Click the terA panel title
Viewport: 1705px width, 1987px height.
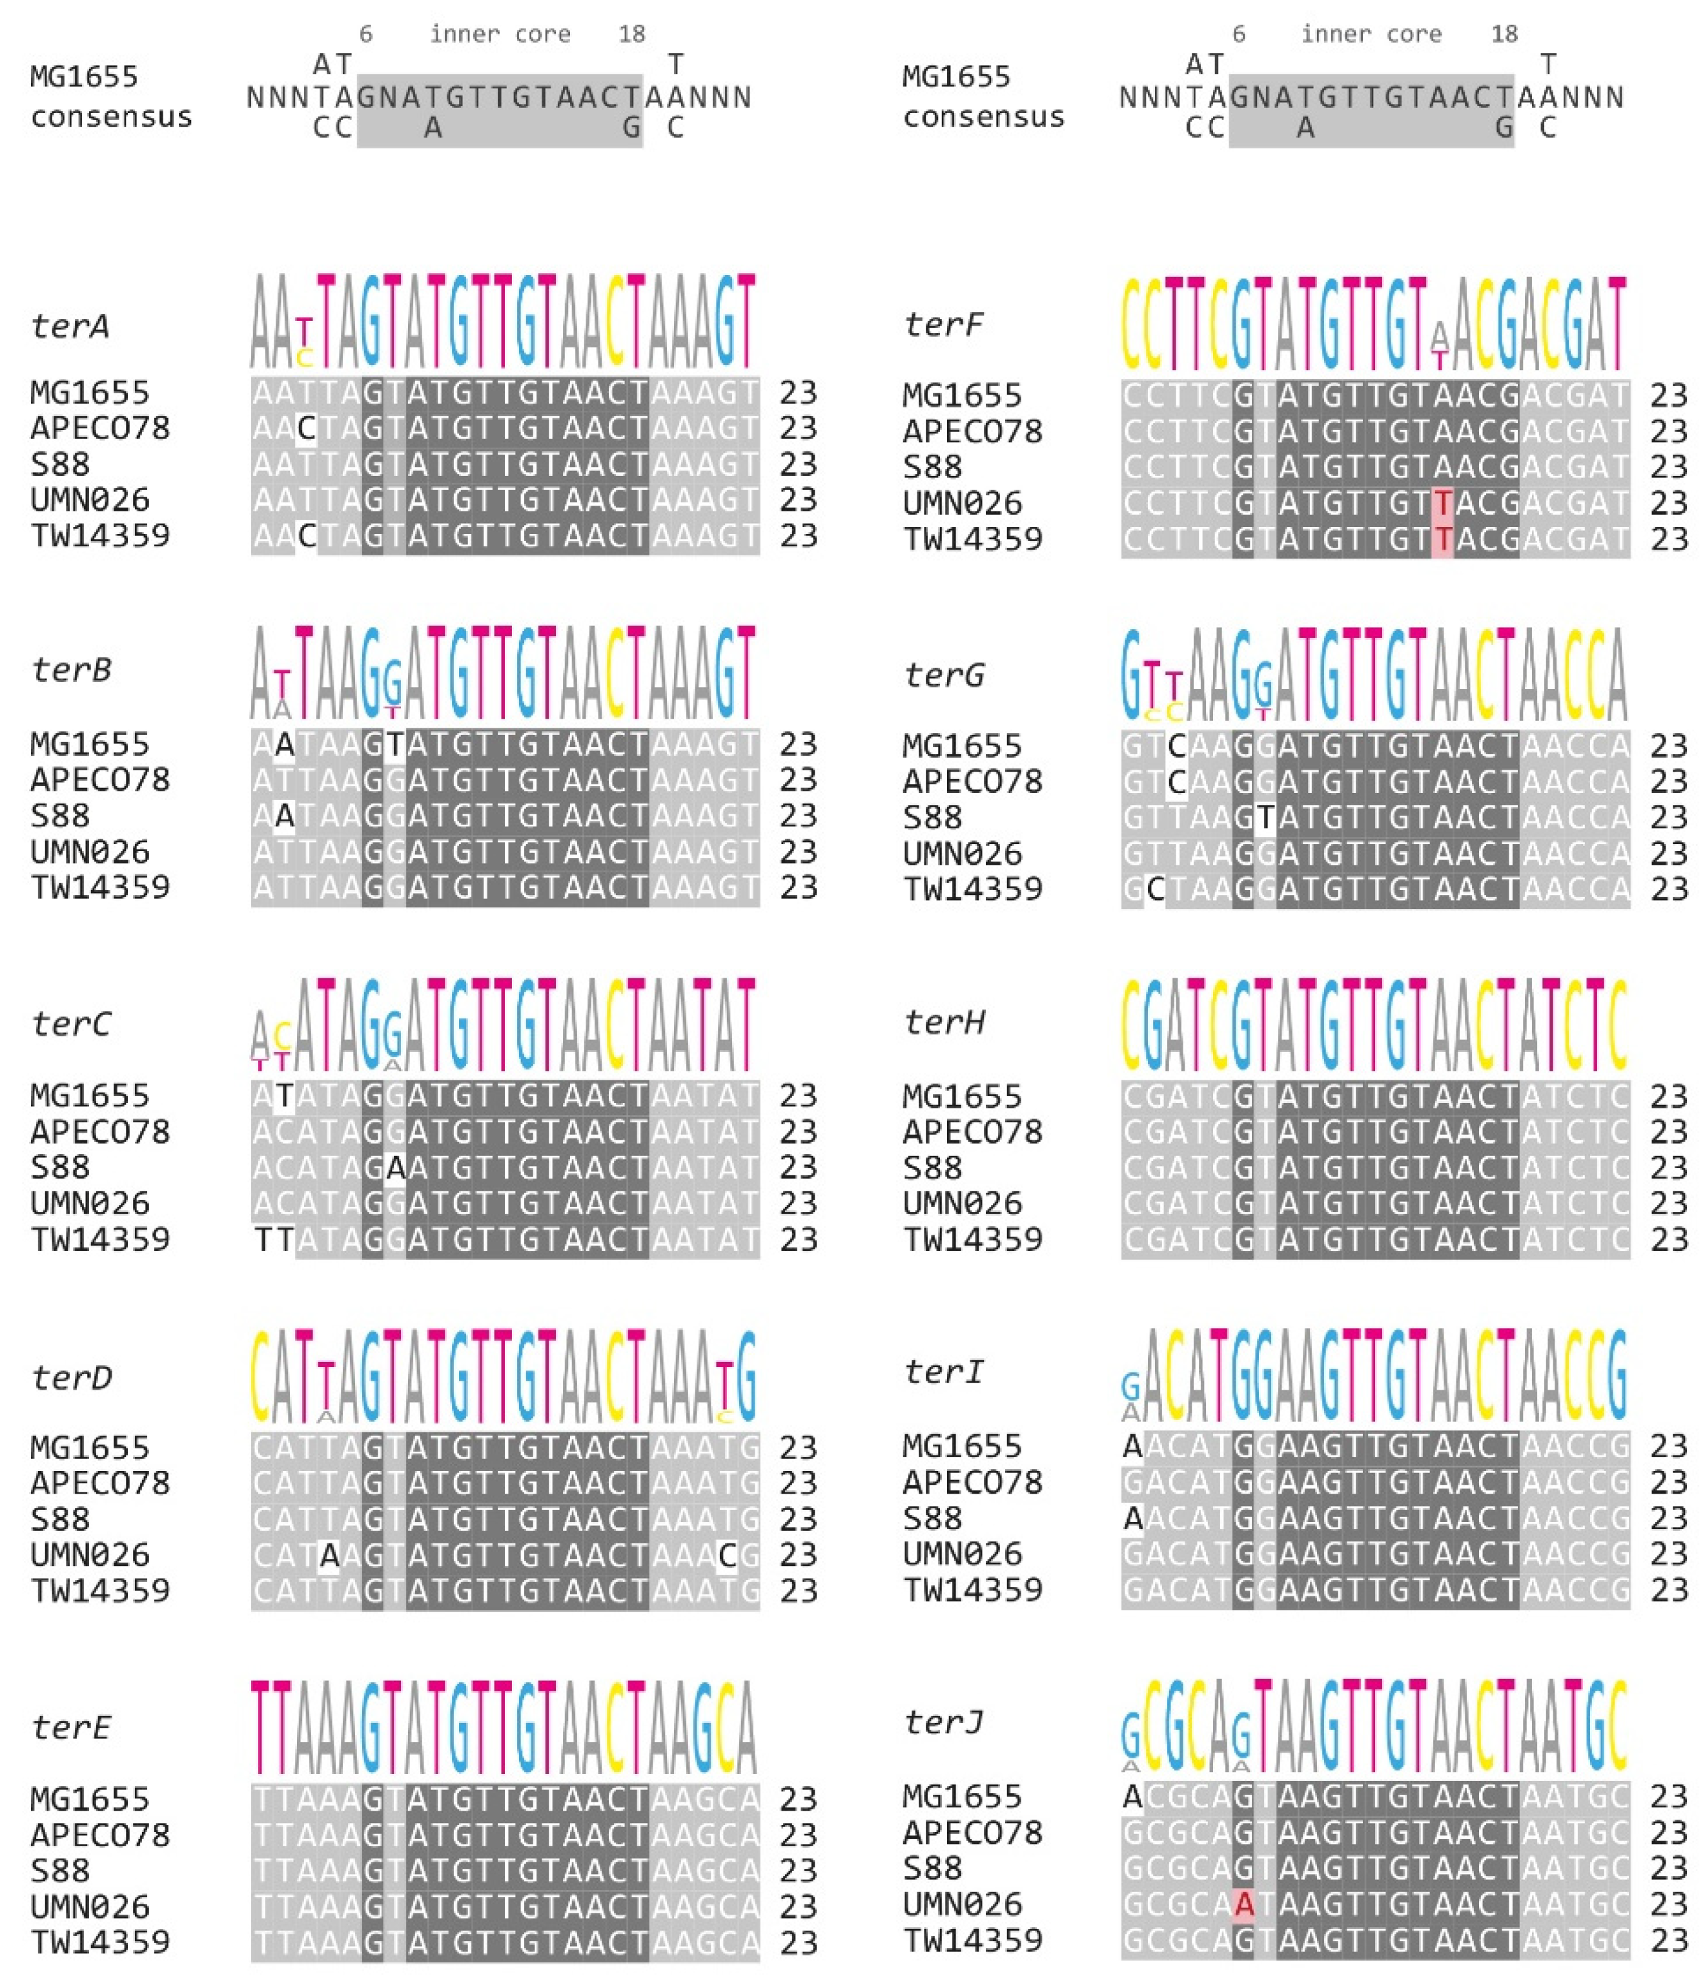click(x=70, y=326)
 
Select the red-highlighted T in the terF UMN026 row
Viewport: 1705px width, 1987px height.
click(x=1442, y=502)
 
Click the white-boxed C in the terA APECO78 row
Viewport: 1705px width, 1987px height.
click(x=306, y=427)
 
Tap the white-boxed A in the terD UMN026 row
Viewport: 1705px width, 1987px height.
click(x=329, y=1554)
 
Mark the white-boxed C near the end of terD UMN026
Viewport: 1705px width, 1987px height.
click(x=727, y=1554)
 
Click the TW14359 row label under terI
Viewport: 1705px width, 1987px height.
click(x=972, y=1589)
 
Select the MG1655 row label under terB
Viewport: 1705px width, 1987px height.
click(x=90, y=744)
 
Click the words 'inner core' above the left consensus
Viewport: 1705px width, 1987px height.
click(x=500, y=34)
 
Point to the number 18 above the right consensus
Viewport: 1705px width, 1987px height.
click(x=1504, y=34)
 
